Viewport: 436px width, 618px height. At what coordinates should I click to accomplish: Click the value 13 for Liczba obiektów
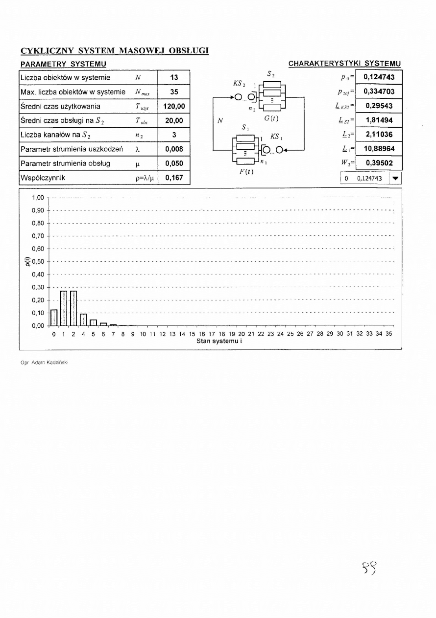click(x=173, y=77)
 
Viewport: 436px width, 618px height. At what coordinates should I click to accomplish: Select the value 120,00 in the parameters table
click(x=173, y=106)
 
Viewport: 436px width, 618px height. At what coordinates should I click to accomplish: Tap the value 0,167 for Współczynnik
click(x=173, y=178)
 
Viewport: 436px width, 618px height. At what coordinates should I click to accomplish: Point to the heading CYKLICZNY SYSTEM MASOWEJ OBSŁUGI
click(x=115, y=51)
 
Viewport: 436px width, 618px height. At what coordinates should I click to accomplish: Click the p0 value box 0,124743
click(x=379, y=77)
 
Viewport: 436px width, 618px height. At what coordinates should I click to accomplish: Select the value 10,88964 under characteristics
click(x=379, y=149)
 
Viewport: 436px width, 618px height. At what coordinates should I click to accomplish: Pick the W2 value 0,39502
click(x=379, y=163)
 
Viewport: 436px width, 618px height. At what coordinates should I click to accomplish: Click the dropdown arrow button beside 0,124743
click(x=395, y=179)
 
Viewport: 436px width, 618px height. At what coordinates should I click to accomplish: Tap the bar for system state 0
click(x=54, y=318)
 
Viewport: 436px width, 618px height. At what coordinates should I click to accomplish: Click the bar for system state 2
click(x=73, y=308)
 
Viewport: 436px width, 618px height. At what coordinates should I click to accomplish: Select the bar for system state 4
click(x=83, y=320)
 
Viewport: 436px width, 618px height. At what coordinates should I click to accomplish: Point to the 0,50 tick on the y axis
click(x=38, y=261)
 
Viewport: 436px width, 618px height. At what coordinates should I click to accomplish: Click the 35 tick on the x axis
click(x=389, y=334)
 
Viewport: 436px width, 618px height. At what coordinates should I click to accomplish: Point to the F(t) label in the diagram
click(x=247, y=172)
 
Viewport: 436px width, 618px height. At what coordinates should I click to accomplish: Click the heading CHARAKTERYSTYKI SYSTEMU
click(x=345, y=64)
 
